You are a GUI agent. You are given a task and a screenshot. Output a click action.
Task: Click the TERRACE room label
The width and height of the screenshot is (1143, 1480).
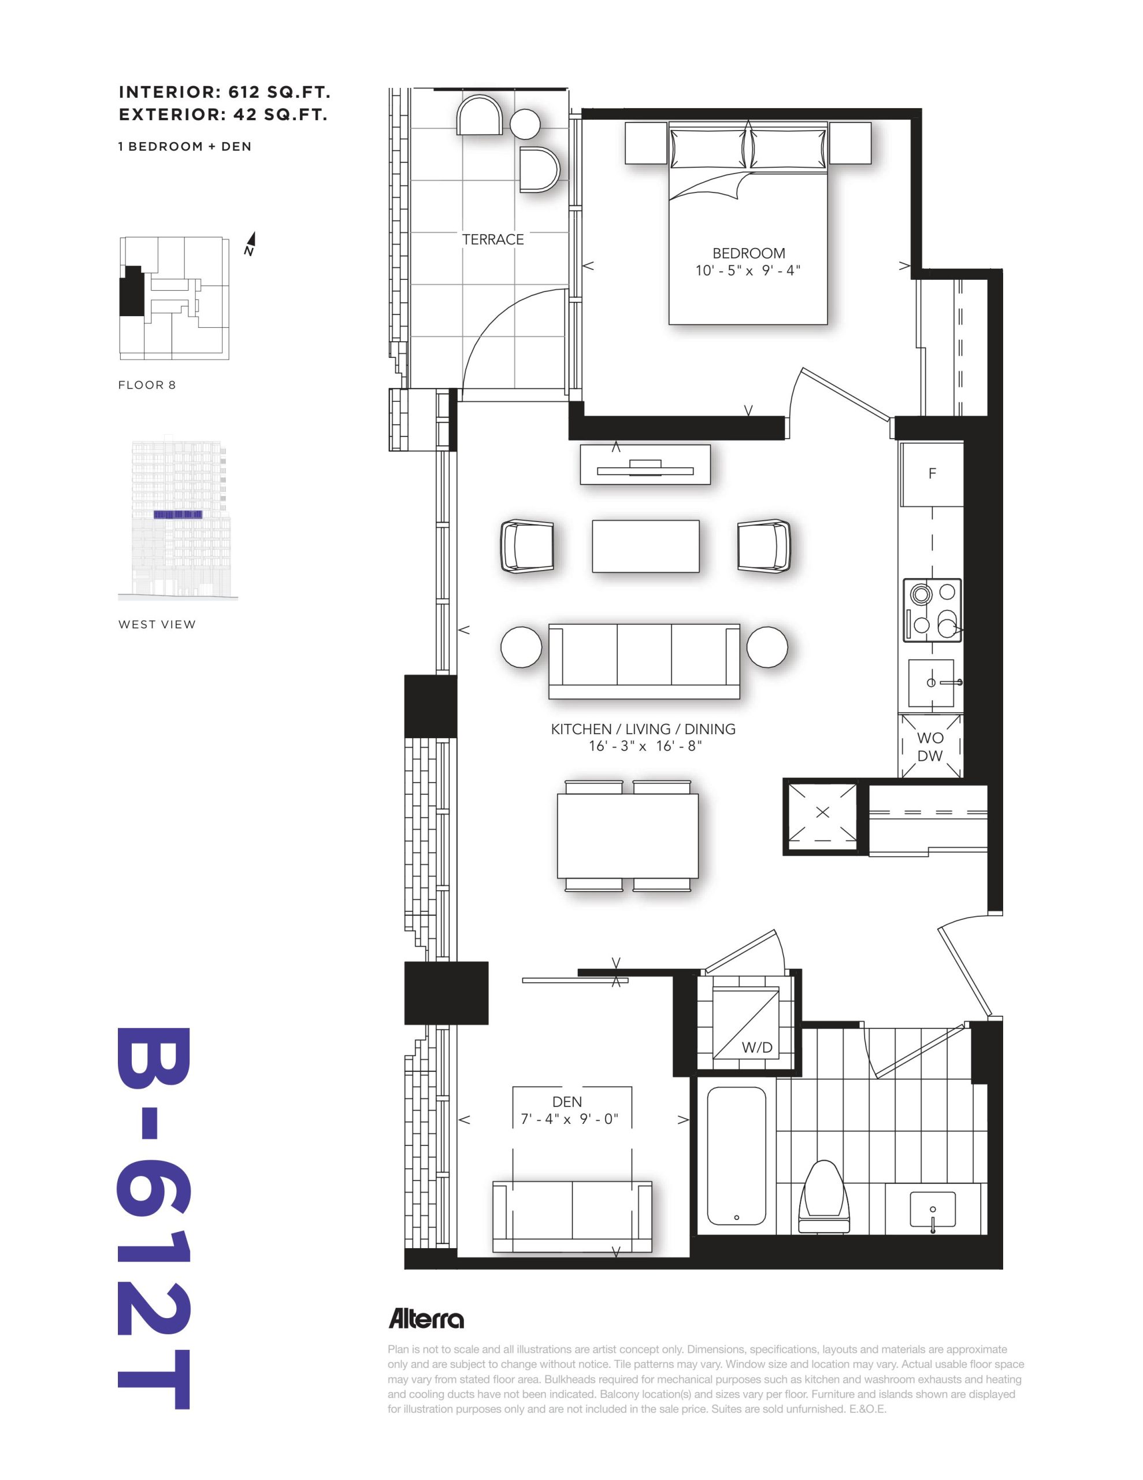(492, 239)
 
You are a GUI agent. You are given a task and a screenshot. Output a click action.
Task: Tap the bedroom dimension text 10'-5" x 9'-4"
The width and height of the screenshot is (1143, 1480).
(748, 271)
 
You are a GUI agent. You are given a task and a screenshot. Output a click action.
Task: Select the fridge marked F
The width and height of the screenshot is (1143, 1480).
(932, 473)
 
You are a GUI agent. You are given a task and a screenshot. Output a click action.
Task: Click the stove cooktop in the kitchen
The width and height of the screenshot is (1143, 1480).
(932, 610)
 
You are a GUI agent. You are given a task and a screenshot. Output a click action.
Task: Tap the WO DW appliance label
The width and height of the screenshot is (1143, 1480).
(930, 747)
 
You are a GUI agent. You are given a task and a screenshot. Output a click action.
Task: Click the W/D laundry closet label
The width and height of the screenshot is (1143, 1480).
(756, 1048)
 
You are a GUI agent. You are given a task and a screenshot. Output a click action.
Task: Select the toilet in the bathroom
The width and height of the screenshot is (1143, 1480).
(825, 1196)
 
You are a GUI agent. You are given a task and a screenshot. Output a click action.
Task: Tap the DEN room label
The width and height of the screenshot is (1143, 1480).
(567, 1101)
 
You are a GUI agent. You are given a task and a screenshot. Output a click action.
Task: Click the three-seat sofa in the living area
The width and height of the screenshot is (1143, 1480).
(644, 661)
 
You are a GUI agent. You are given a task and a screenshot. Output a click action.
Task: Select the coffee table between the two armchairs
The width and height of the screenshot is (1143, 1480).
(645, 546)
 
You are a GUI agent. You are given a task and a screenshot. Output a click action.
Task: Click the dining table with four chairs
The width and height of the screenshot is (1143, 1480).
(628, 835)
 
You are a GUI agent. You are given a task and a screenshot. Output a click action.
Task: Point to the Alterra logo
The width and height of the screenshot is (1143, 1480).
(425, 1319)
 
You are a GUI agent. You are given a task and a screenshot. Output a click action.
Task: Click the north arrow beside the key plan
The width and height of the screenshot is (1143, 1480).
(250, 243)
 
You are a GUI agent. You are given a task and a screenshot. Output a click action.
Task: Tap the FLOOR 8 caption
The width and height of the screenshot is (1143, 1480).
(147, 385)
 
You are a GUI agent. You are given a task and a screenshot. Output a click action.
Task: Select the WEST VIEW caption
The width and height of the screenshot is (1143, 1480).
(157, 625)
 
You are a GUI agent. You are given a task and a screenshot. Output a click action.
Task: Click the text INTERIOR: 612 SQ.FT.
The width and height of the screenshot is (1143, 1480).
(225, 92)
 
